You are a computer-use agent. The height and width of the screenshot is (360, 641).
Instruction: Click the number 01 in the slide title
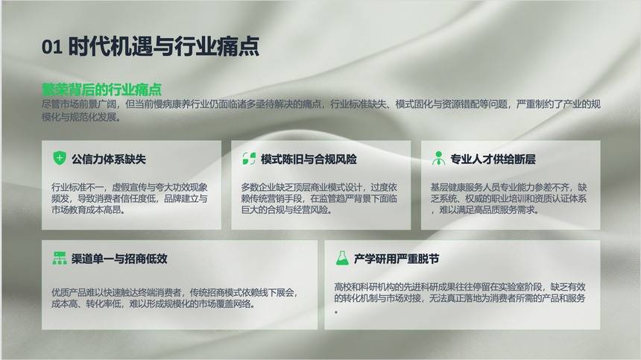(52, 46)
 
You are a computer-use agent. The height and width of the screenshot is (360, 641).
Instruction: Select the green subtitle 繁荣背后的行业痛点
(101, 89)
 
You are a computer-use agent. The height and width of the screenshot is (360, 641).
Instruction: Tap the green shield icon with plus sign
(60, 158)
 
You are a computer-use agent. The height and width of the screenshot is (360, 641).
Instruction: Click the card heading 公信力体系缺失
(109, 159)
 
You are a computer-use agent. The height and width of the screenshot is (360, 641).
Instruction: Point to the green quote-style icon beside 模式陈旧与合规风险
(249, 159)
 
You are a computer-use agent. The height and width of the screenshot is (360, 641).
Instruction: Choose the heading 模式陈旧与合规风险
(309, 159)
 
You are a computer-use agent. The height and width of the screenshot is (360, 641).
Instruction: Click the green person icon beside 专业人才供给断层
(439, 158)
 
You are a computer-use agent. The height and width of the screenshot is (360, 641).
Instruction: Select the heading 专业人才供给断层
(493, 159)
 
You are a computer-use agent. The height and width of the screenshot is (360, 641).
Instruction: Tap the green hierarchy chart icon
(60, 258)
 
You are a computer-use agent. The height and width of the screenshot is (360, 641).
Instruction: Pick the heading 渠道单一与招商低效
(119, 259)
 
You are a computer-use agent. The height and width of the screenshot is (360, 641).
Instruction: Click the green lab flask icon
(342, 258)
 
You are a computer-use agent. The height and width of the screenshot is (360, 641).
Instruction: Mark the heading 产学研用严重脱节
(396, 259)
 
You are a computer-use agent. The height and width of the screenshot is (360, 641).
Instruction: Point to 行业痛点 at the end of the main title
(217, 45)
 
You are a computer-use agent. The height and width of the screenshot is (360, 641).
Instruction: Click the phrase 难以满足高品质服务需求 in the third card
(487, 210)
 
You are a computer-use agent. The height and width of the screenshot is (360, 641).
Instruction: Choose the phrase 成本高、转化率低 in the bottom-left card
(86, 304)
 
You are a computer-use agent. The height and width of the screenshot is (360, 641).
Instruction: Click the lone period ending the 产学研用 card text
(336, 312)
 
